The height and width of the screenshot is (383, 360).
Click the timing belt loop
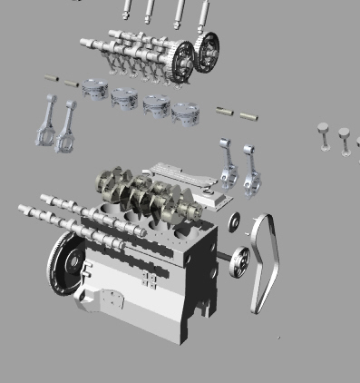pos(266,263)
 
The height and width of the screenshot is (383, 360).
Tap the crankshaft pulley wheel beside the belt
pos(238,263)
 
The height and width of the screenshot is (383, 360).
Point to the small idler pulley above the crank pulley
pos(235,221)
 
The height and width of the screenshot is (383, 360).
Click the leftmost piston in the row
pos(94,89)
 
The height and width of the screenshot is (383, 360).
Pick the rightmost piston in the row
pos(187,113)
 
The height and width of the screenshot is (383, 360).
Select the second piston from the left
pos(125,96)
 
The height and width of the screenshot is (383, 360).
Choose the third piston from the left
pos(156,104)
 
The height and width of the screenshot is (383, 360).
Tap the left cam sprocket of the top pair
pos(182,58)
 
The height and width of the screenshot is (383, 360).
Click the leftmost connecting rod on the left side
pos(45,123)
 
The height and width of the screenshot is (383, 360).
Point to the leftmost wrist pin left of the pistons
pos(52,78)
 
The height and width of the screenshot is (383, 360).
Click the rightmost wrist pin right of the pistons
pos(248,116)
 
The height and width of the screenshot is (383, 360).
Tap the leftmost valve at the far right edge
pos(324,136)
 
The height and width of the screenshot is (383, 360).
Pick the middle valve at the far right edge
pos(345,141)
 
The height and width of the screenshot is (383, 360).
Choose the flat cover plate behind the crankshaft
pos(186,181)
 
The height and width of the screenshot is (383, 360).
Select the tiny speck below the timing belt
pos(278,338)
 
